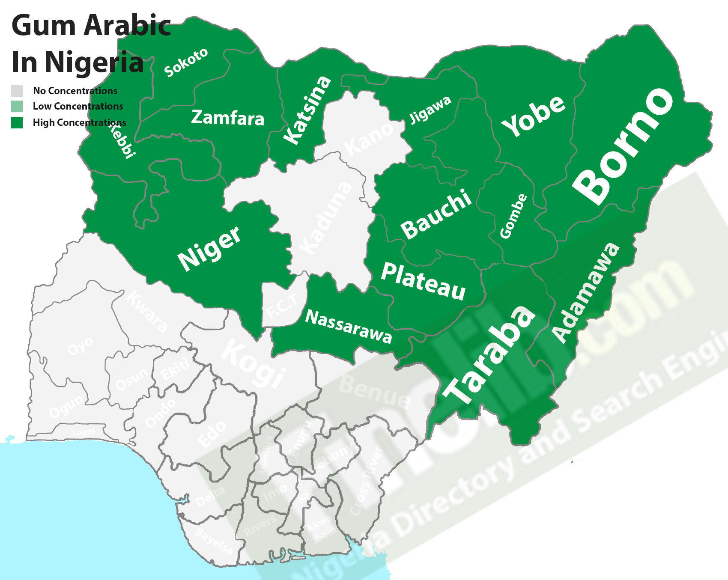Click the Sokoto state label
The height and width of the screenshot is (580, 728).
[x=186, y=62]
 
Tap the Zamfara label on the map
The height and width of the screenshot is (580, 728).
[x=227, y=118]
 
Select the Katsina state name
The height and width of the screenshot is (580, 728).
[x=307, y=110]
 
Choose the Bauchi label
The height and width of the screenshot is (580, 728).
[x=436, y=214]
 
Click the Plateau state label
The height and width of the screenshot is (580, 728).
[x=423, y=282]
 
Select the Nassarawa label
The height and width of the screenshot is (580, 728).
[x=348, y=327]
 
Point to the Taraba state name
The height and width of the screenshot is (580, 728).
[x=489, y=354]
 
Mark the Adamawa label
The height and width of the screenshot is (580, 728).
[x=585, y=293]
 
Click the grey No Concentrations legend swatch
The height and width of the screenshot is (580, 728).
[x=17, y=91]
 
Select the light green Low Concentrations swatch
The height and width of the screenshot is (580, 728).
[x=17, y=106]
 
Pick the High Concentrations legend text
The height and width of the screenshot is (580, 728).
[x=79, y=122]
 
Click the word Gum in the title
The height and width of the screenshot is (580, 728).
[x=44, y=26]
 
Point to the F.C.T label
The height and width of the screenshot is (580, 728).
[x=281, y=306]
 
